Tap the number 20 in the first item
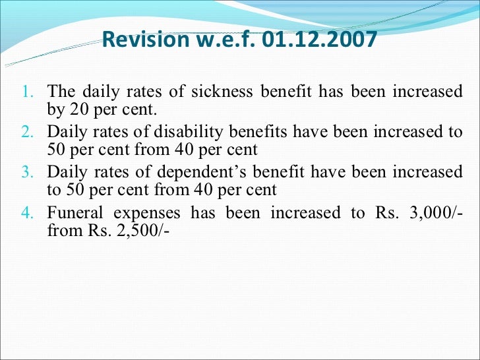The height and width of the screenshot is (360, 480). pyautogui.click(x=73, y=109)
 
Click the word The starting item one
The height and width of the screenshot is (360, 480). pyautogui.click(x=62, y=92)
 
